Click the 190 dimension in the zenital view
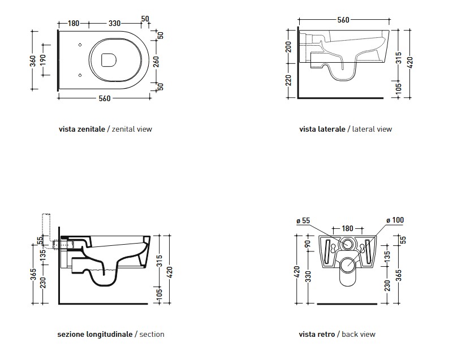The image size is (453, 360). click(x=43, y=60)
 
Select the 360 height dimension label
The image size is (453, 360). click(x=33, y=60)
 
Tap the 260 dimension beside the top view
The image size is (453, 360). click(x=156, y=62)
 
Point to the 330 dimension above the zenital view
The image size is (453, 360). click(x=115, y=23)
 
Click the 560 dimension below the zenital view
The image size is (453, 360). click(x=105, y=98)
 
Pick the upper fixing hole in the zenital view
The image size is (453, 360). click(x=80, y=45)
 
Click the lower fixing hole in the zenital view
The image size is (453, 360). click(x=80, y=75)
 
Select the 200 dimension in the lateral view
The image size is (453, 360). click(x=288, y=47)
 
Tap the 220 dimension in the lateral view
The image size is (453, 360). click(x=288, y=80)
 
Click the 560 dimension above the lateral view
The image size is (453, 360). click(x=343, y=20)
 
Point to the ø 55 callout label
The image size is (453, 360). click(x=303, y=221)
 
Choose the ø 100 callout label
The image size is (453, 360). click(x=395, y=220)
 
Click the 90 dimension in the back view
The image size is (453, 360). click(x=308, y=244)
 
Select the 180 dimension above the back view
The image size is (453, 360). click(x=348, y=229)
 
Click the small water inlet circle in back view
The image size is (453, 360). click(x=347, y=244)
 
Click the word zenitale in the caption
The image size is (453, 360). click(x=90, y=129)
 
